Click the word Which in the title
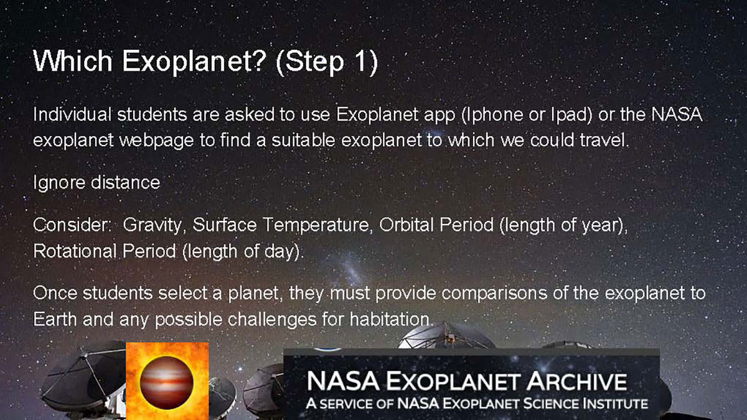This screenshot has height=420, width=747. (x=73, y=61)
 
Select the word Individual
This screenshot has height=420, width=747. (x=72, y=114)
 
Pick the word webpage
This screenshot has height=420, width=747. (x=156, y=141)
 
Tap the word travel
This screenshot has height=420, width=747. (x=604, y=140)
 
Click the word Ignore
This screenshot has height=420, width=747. (x=59, y=183)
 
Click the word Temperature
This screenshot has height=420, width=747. (x=317, y=225)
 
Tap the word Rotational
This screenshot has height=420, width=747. (x=75, y=251)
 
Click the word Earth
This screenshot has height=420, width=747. (x=55, y=319)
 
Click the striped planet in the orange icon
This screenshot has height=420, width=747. (x=166, y=383)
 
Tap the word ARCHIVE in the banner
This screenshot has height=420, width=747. (x=578, y=381)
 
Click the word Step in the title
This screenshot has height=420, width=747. (x=314, y=62)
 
